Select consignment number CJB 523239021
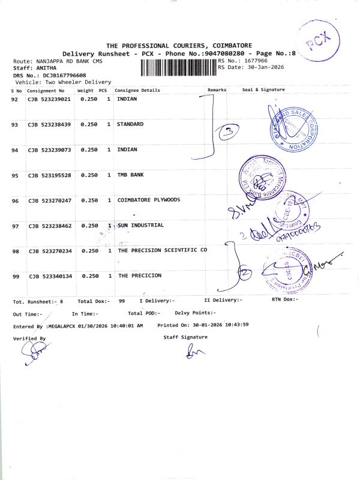[x=49, y=99]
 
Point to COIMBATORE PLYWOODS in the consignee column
[x=148, y=200]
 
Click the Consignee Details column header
[x=137, y=90]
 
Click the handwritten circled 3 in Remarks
[x=229, y=132]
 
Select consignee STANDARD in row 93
[x=130, y=124]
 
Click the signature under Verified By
[x=33, y=355]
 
